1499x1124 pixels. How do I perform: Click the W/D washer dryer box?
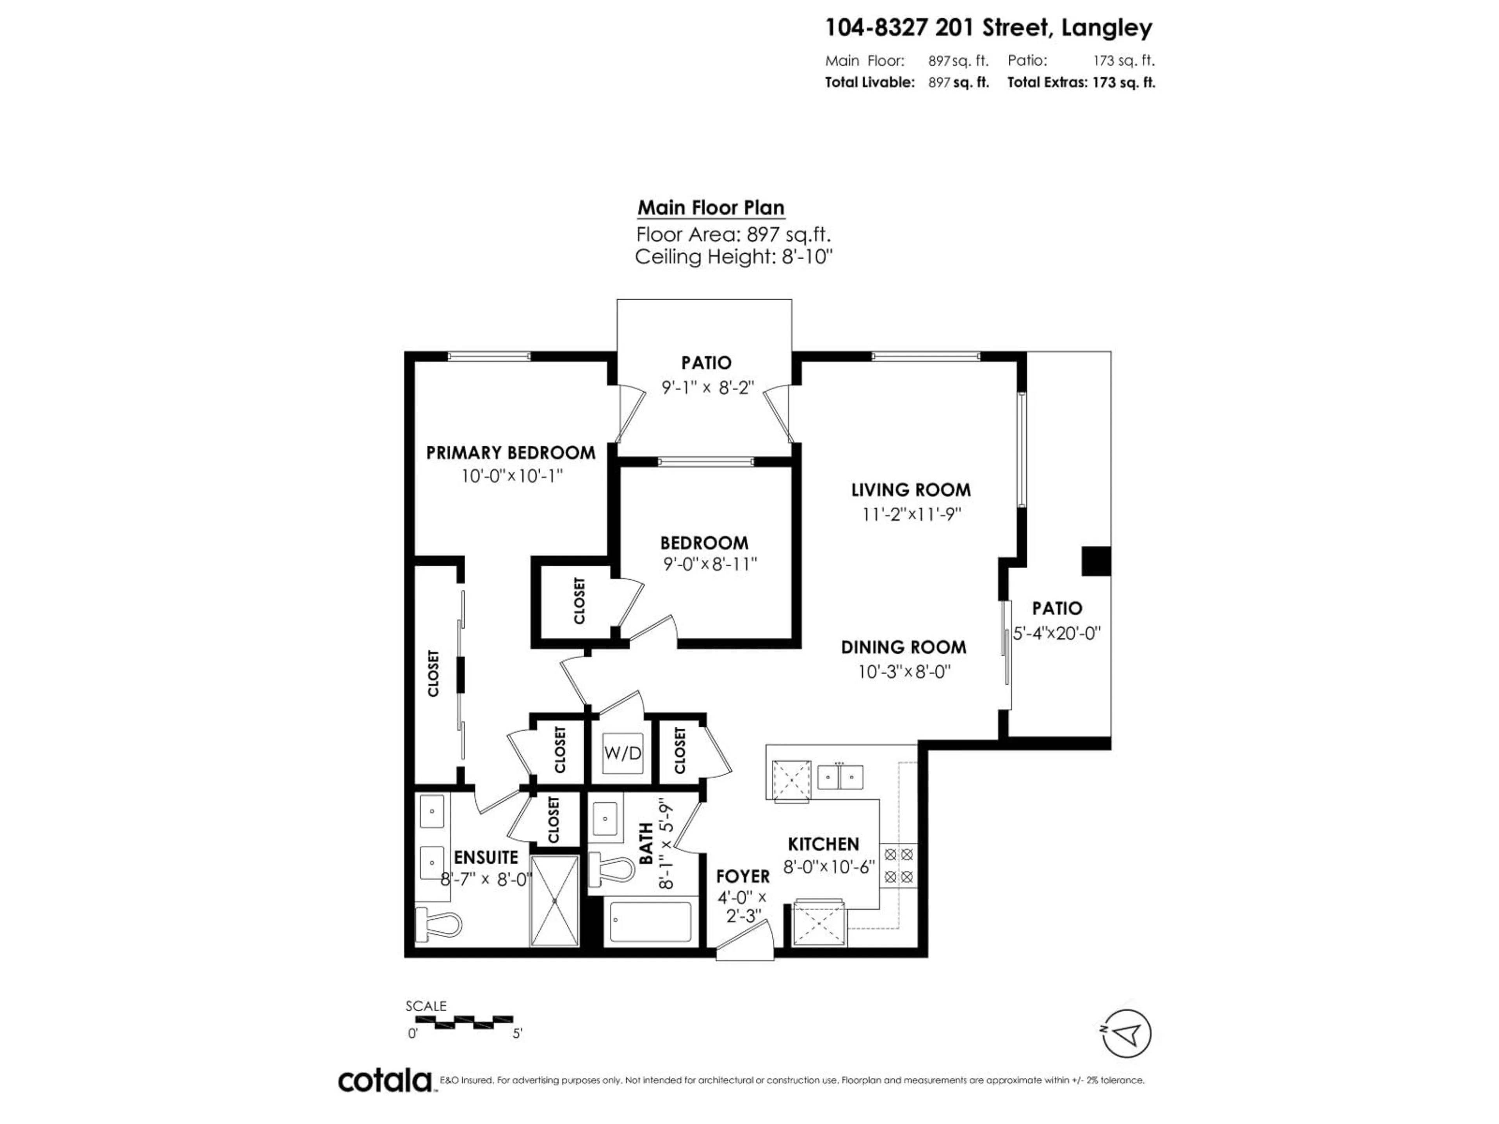(622, 753)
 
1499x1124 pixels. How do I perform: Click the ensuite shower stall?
(554, 900)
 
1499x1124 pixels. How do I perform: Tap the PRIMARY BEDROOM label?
(510, 453)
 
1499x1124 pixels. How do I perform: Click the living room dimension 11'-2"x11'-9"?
(911, 514)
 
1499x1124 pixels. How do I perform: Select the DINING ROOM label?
(903, 647)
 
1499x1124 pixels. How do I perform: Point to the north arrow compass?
(1126, 1033)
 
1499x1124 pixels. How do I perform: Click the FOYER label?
(743, 876)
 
